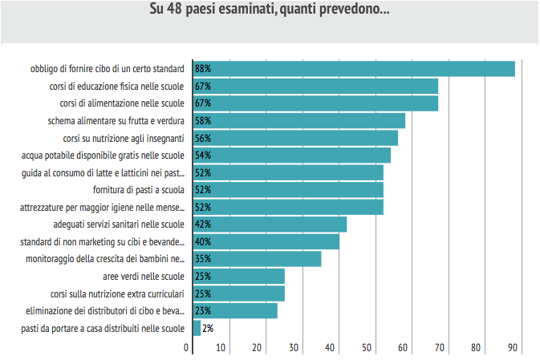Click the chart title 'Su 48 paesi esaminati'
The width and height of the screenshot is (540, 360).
pos(270,10)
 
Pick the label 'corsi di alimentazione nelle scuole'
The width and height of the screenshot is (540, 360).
pos(123,103)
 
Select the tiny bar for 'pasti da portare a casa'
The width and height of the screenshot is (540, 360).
pos(197,328)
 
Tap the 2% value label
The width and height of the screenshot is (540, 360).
pos(208,328)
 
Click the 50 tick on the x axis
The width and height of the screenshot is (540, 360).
pos(367,347)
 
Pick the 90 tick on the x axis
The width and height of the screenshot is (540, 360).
pos(512,347)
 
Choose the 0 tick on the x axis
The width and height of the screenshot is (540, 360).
pos(187,347)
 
